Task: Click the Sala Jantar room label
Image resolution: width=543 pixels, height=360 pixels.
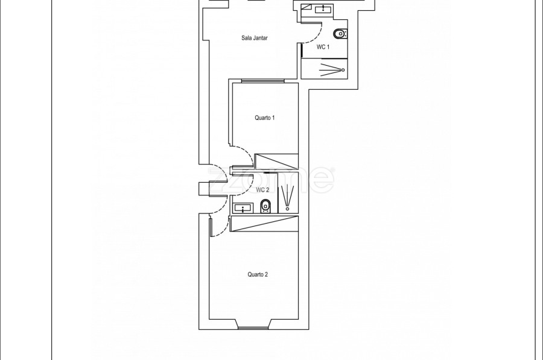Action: click(x=255, y=38)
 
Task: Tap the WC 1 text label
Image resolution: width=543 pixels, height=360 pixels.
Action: click(x=323, y=47)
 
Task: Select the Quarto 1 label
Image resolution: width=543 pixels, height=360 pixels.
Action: click(x=265, y=118)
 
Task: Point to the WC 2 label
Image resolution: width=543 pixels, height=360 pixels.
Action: click(x=262, y=190)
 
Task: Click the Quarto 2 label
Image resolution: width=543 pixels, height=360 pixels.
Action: click(x=258, y=274)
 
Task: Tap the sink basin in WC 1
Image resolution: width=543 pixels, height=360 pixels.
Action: click(x=323, y=8)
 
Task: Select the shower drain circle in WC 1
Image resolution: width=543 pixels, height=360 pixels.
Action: click(x=343, y=70)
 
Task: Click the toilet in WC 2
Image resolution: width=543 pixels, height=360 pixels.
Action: click(x=265, y=206)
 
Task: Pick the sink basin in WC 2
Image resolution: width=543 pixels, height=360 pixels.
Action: click(x=243, y=209)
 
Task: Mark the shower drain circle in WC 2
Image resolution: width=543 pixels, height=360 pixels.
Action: click(x=287, y=209)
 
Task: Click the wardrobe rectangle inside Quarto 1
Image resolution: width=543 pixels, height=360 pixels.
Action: click(x=277, y=162)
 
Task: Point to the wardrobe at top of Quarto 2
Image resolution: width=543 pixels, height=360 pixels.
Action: click(x=264, y=224)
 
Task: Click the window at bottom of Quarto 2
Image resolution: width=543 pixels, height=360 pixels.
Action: click(x=253, y=328)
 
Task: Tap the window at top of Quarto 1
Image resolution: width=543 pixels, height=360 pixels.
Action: click(x=263, y=81)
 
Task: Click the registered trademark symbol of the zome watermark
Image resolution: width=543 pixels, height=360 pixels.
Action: click(x=333, y=170)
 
